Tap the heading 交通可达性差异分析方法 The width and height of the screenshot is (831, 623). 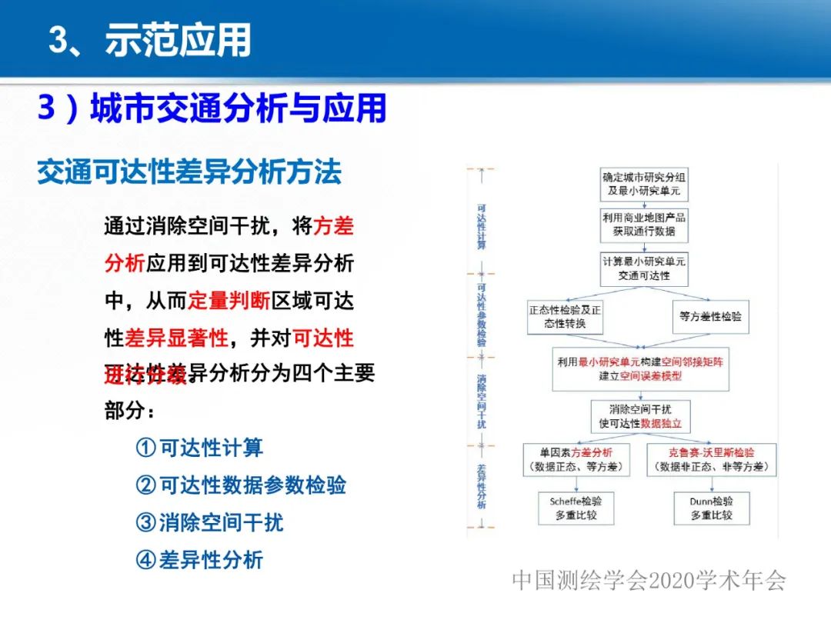tap(189, 172)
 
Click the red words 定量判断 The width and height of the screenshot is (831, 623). tap(229, 301)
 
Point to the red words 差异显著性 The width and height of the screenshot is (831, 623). tap(177, 337)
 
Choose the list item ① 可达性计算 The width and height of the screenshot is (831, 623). tap(199, 448)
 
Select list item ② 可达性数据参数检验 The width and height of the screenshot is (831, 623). tap(241, 485)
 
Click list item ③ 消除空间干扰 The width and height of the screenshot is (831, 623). tap(209, 523)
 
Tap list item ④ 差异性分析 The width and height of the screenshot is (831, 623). tap(199, 560)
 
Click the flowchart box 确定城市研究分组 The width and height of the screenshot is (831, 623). tap(643, 184)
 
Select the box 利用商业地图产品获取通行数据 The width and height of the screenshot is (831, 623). tap(643, 225)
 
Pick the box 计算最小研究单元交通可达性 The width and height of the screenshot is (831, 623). tap(643, 268)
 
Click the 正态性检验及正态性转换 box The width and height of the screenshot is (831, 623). tap(565, 316)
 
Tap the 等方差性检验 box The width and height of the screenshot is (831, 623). tap(710, 316)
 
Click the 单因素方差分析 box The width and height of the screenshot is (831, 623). tap(576, 460)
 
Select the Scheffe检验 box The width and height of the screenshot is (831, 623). tap(576, 508)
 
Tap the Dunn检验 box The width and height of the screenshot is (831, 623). tap(709, 508)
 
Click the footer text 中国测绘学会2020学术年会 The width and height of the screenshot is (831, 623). tap(649, 581)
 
